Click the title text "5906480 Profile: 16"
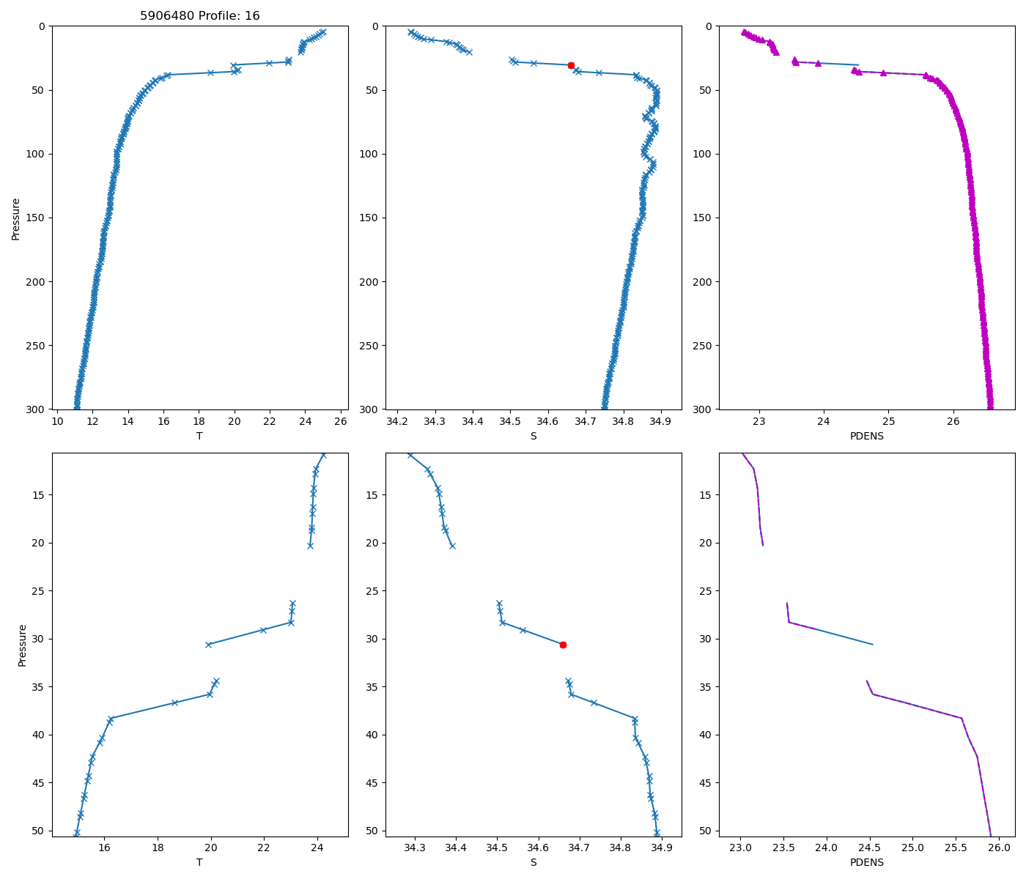point(199,16)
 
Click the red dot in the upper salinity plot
point(571,65)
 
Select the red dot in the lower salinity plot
point(563,645)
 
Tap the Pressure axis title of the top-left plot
point(16,218)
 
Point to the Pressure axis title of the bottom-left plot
point(22,645)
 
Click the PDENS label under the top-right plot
point(866,436)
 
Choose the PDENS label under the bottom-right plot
point(866,862)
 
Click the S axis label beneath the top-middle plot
point(534,436)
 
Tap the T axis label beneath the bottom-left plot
point(199,862)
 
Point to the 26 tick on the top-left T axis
point(341,421)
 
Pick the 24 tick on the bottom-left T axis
point(317,848)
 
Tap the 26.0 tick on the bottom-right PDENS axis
point(998,848)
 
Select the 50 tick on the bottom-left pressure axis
point(38,831)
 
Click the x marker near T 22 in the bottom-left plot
point(263,630)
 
